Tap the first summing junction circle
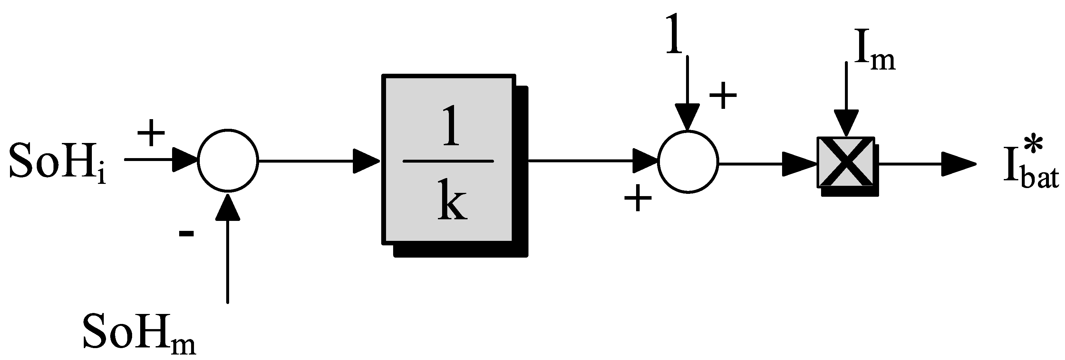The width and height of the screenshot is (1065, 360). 228,160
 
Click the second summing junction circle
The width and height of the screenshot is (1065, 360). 688,162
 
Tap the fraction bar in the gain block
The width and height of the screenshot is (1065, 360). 448,161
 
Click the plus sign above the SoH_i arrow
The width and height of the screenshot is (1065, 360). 151,133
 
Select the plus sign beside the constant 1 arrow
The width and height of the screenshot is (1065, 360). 723,96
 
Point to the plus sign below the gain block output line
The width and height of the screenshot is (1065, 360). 637,198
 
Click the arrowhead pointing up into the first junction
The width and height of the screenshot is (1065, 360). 228,207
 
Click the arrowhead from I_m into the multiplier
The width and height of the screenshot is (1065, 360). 846,123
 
